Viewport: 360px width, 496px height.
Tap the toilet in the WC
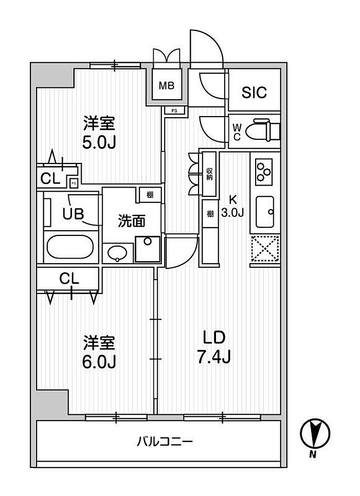(266, 130)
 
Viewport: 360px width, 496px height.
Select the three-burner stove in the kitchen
(264, 172)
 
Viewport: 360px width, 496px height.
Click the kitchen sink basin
(265, 212)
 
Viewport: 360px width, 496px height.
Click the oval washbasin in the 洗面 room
(117, 253)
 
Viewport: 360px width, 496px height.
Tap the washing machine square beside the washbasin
(148, 249)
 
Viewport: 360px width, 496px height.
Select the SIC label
(254, 93)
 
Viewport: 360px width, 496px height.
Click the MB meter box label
(167, 85)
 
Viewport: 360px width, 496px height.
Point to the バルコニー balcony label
(165, 442)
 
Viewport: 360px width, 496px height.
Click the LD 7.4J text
(214, 347)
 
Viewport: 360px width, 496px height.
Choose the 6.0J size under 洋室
(99, 361)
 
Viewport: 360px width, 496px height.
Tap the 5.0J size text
(99, 142)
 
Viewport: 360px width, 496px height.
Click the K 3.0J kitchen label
(232, 206)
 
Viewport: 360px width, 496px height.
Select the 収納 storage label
(210, 174)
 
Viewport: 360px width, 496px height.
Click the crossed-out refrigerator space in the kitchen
(265, 248)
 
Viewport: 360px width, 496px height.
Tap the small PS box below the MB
(174, 111)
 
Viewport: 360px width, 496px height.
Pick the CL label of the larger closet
(69, 279)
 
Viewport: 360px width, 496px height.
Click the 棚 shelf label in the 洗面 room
(150, 194)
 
